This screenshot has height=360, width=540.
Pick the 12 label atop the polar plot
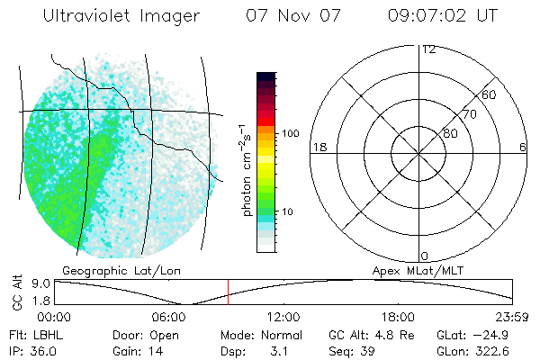tap(429, 49)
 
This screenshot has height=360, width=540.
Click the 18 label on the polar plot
tap(318, 147)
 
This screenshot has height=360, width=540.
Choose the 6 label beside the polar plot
tap(523, 147)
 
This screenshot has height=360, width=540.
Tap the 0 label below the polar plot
tap(424, 256)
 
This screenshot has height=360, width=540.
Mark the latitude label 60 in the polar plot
tap(489, 94)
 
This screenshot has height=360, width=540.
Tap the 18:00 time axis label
tap(399, 317)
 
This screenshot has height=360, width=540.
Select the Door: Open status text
tap(146, 335)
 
